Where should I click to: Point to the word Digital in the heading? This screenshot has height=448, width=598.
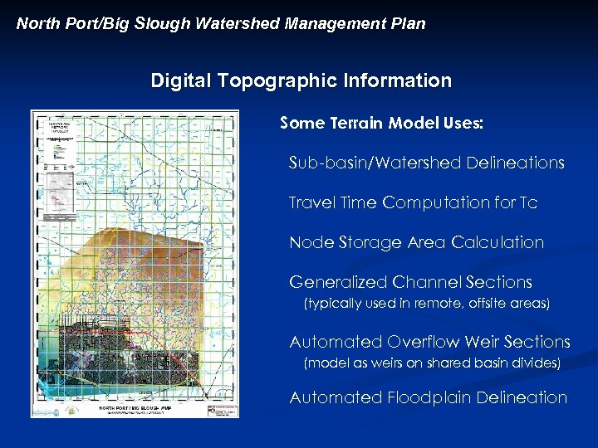coord(180,80)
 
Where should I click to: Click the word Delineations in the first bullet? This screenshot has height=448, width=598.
coord(517,163)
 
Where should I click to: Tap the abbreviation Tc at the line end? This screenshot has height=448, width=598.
coord(528,202)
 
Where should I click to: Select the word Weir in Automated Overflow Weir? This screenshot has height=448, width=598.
coord(483,342)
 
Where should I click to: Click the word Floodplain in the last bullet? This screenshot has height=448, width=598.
coord(429,397)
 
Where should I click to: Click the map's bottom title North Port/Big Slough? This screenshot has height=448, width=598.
coord(135,408)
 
